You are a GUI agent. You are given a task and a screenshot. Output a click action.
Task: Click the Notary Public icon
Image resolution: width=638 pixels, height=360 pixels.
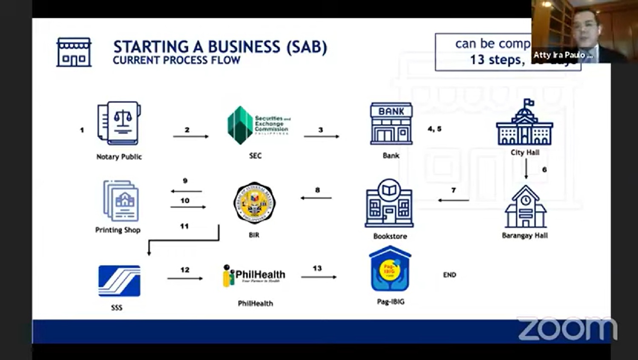[x=119, y=123]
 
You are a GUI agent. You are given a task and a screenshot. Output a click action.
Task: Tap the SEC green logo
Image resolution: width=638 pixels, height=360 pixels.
[x=240, y=125]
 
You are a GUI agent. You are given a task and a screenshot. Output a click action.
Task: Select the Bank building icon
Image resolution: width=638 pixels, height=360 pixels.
[x=391, y=124]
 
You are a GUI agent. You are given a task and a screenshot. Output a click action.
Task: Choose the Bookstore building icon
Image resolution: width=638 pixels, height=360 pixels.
[x=389, y=203]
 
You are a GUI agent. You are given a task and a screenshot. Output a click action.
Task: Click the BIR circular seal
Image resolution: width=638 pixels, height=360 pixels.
[x=254, y=203]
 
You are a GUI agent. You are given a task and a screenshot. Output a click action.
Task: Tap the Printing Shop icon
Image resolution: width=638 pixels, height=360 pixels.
[x=121, y=201]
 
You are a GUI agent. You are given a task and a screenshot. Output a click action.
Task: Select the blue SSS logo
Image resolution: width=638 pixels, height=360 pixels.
[x=119, y=281]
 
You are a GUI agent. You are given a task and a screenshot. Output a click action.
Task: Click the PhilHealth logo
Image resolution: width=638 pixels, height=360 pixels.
[x=254, y=275]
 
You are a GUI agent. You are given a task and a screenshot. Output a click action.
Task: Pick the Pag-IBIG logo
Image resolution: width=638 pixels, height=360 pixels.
[x=390, y=269]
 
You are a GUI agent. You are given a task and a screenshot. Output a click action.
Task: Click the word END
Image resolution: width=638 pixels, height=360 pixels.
[x=450, y=275]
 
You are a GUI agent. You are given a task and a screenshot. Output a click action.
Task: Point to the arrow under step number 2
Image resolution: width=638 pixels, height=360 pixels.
[x=191, y=137]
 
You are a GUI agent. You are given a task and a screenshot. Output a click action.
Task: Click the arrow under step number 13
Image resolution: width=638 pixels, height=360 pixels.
[x=319, y=277]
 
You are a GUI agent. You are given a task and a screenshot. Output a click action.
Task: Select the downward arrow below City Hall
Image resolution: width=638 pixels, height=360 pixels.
[x=526, y=169]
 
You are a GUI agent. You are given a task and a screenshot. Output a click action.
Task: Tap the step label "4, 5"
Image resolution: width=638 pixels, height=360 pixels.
[x=434, y=129]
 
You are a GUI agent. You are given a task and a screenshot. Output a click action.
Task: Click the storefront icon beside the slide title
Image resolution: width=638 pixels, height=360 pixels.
[x=74, y=52]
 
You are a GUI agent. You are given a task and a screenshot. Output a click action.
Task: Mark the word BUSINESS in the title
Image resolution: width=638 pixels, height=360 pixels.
[x=244, y=47]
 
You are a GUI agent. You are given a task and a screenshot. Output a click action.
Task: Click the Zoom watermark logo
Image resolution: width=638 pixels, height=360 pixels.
[x=567, y=329]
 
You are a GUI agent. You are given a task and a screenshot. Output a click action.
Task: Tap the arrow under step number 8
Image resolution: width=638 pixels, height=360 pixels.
[x=316, y=198]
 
